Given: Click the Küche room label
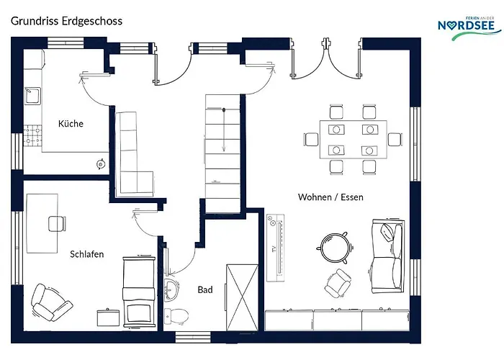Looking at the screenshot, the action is pyautogui.click(x=71, y=123).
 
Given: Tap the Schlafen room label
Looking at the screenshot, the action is pyautogui.click(x=87, y=254).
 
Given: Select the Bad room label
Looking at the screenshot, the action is pyautogui.click(x=205, y=289).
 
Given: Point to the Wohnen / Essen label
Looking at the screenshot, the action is pyautogui.click(x=330, y=197).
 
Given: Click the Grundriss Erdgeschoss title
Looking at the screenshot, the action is pyautogui.click(x=66, y=21).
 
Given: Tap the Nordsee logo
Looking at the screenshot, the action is pyautogui.click(x=469, y=27).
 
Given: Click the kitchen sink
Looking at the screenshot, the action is pyautogui.click(x=33, y=96).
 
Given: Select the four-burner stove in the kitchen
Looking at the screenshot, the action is pyautogui.click(x=33, y=135).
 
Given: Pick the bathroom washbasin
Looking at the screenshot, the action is pyautogui.click(x=171, y=290).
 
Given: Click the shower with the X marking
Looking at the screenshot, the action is pyautogui.click(x=243, y=297).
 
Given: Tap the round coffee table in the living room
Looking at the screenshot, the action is pyautogui.click(x=335, y=248).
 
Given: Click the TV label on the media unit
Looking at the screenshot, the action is pyautogui.click(x=274, y=249).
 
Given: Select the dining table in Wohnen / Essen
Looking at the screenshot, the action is pyautogui.click(x=354, y=140).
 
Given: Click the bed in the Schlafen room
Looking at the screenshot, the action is pyautogui.click(x=139, y=292).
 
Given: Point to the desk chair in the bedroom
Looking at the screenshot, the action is pyautogui.click(x=57, y=224).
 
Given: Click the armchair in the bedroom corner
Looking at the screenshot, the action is pyautogui.click(x=51, y=302).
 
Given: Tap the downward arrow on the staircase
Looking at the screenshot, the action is pyautogui.click(x=224, y=130).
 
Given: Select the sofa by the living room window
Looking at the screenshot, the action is pyautogui.click(x=387, y=256).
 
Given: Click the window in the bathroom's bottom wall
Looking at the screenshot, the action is pyautogui.click(x=193, y=337).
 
